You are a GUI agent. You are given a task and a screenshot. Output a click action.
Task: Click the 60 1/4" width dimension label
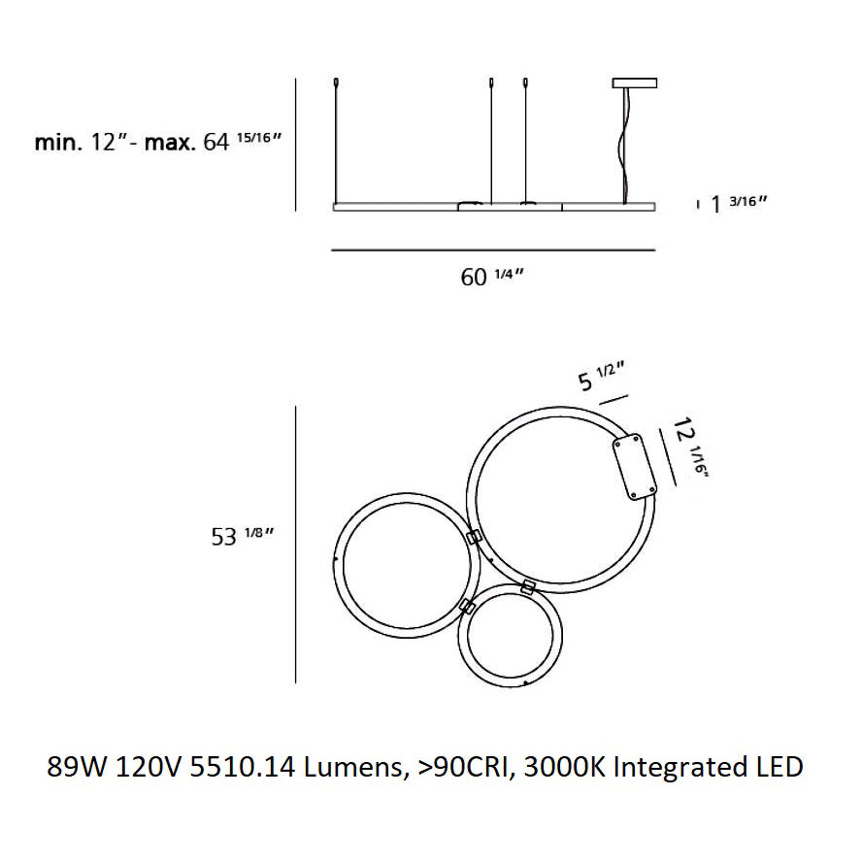click(491, 277)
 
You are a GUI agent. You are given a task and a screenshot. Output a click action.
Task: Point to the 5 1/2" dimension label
click(600, 377)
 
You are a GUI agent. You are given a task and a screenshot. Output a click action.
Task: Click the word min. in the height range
click(56, 143)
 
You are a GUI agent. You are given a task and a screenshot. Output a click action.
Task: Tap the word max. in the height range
click(171, 143)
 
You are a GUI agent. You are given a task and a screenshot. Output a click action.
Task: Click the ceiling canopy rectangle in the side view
click(636, 83)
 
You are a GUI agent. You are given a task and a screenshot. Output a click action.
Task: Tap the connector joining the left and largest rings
click(475, 538)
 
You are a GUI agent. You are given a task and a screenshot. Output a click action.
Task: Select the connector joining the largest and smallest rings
click(528, 586)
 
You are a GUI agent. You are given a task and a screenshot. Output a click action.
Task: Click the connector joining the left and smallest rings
click(467, 608)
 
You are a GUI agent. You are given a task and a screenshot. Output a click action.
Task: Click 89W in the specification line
click(78, 767)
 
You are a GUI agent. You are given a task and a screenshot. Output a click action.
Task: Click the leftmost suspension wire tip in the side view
click(335, 82)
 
